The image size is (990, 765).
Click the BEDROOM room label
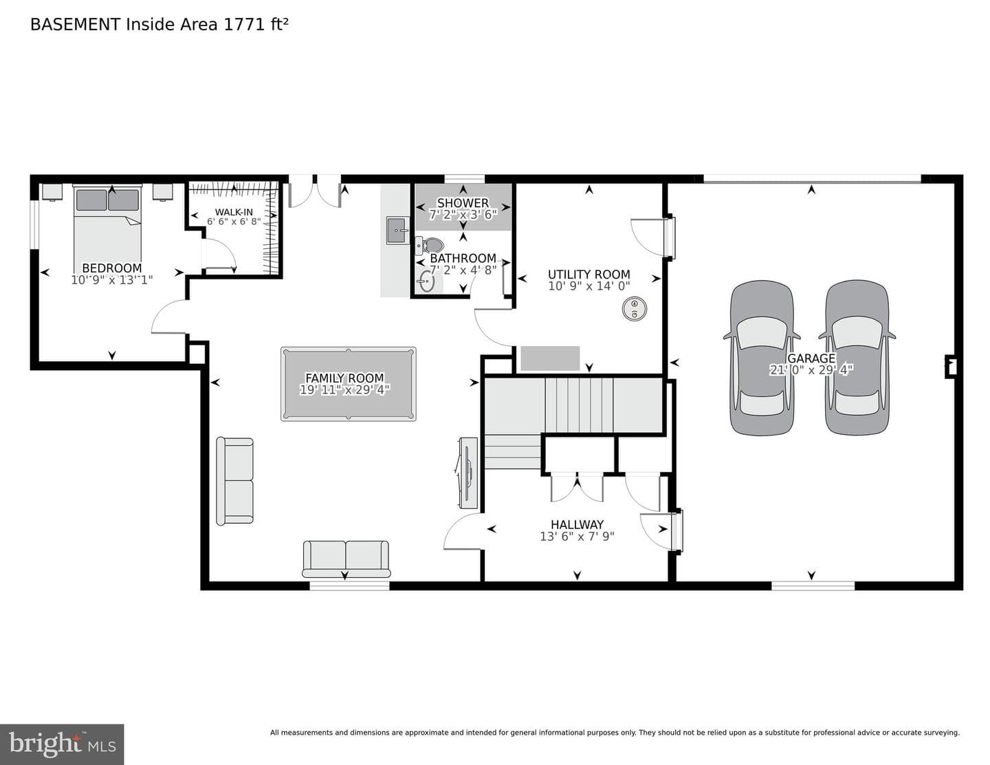click(x=111, y=268)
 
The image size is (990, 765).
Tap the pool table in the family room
click(x=348, y=384)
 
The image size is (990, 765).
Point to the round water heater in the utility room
click(x=634, y=309)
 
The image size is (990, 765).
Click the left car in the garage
click(x=762, y=358)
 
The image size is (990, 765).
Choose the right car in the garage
click(x=857, y=358)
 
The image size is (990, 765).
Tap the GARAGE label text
click(x=811, y=358)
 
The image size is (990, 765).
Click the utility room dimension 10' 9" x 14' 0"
click(x=589, y=286)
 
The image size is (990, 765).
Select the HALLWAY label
click(x=577, y=524)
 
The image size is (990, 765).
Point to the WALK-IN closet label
click(x=234, y=212)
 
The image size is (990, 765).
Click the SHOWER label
click(x=463, y=203)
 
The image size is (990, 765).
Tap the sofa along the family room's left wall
click(x=234, y=481)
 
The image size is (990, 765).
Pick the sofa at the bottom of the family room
click(x=346, y=559)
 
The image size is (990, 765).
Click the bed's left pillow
click(x=91, y=200)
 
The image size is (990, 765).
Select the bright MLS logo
click(x=62, y=744)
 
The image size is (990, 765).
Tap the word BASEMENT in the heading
click(x=75, y=25)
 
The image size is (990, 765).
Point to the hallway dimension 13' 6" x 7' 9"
click(x=577, y=536)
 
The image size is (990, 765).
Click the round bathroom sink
click(x=426, y=281)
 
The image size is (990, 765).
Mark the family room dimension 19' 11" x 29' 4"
click(x=345, y=390)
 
